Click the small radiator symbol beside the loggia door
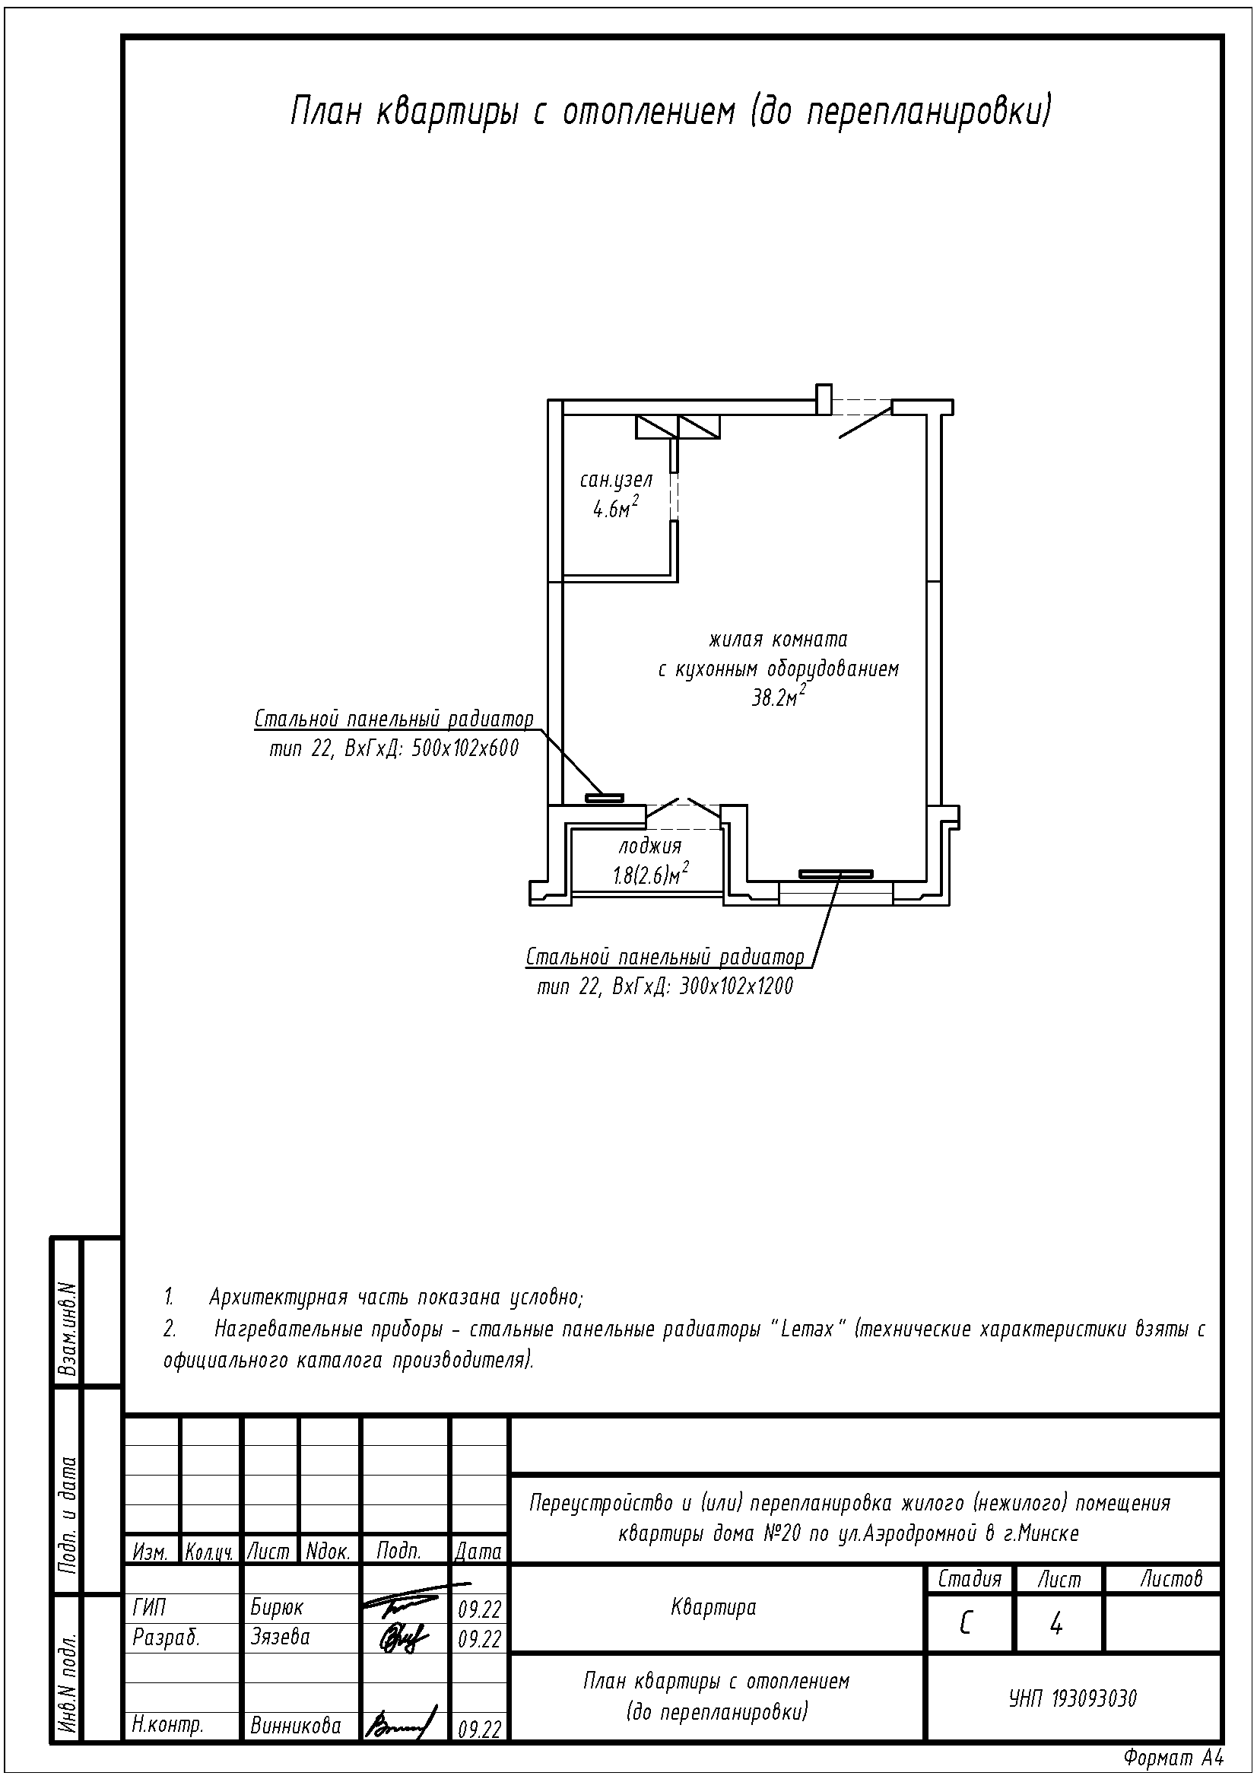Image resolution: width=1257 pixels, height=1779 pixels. tap(604, 796)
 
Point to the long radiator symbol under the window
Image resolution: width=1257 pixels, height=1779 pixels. tap(836, 874)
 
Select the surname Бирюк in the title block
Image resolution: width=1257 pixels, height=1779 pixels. tap(278, 1607)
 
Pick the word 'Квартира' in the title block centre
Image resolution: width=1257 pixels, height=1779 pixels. tap(713, 1607)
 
